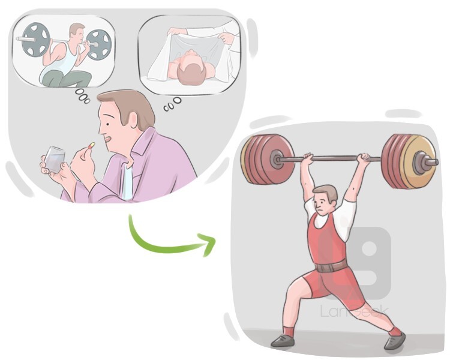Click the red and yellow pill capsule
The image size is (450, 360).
(x=92, y=145)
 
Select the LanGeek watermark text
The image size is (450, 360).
(x=354, y=311)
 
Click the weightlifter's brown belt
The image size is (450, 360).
(x=331, y=266)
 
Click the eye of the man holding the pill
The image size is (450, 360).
(x=107, y=124)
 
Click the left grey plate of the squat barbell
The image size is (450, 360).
(x=35, y=40)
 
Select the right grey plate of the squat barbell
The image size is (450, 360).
(x=98, y=45)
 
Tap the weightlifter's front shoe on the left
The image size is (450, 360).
(x=283, y=340)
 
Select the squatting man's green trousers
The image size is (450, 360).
(x=67, y=79)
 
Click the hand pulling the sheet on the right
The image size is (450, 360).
(x=227, y=38)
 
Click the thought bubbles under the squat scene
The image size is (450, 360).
(x=82, y=96)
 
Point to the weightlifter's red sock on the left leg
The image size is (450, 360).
(x=289, y=332)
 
